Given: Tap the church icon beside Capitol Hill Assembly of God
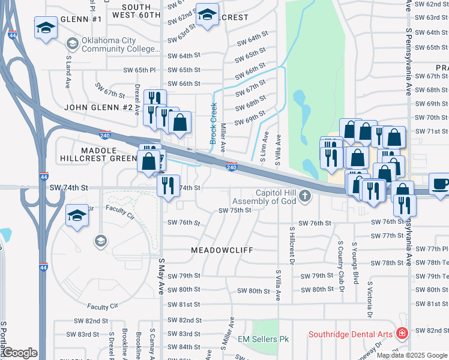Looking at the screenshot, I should [x=306, y=195].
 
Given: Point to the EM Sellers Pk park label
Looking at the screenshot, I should [x=264, y=340].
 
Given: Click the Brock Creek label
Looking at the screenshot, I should [x=213, y=123].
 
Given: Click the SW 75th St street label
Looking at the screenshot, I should [x=234, y=211].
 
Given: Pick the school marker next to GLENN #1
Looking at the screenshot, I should [x=46, y=29].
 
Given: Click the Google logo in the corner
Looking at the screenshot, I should [x=20, y=353].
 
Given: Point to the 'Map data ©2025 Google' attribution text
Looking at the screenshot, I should [x=412, y=355].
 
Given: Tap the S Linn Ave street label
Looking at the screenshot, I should [x=263, y=150].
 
